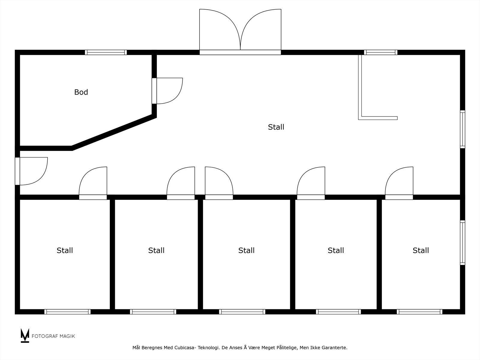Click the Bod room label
tap(81, 92)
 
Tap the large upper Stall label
tap(276, 127)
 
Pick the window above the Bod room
tap(106, 52)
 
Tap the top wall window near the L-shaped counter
tap(381, 52)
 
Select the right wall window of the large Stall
tap(462, 129)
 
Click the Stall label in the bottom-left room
tap(65, 250)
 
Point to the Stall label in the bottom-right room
tap(421, 250)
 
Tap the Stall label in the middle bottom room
tap(246, 250)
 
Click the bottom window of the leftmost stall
tap(67, 312)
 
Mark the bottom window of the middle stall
tap(242, 312)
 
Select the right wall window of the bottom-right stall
tap(462, 243)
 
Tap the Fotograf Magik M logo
tap(25, 335)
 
